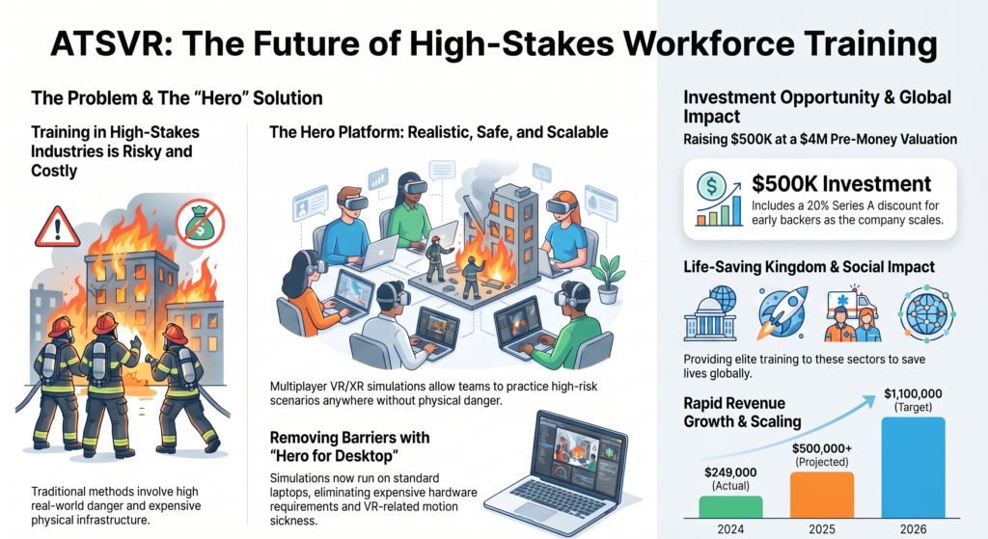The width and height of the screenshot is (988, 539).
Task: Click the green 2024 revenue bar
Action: click(730, 507)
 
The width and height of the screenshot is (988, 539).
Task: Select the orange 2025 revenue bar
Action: click(822, 495)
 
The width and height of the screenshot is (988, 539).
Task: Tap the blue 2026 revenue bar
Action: click(913, 468)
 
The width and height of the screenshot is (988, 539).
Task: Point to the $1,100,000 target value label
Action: click(913, 394)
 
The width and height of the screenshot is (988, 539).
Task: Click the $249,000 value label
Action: click(730, 472)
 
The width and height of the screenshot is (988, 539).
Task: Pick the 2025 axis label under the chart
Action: click(822, 529)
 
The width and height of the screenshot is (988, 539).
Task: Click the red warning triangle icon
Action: click(57, 228)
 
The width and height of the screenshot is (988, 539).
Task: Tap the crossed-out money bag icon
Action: click(201, 223)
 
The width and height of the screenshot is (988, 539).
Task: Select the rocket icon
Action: click(783, 313)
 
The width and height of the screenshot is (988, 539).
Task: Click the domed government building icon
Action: click(710, 313)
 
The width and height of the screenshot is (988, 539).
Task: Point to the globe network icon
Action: click(927, 313)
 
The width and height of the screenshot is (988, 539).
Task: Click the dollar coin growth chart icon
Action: click(719, 199)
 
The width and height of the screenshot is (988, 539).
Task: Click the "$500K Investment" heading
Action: click(841, 184)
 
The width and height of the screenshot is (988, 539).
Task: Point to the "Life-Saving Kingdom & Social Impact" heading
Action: click(810, 267)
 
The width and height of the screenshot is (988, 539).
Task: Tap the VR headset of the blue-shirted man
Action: click(351, 202)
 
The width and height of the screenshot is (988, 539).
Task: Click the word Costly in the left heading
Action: click(54, 171)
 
